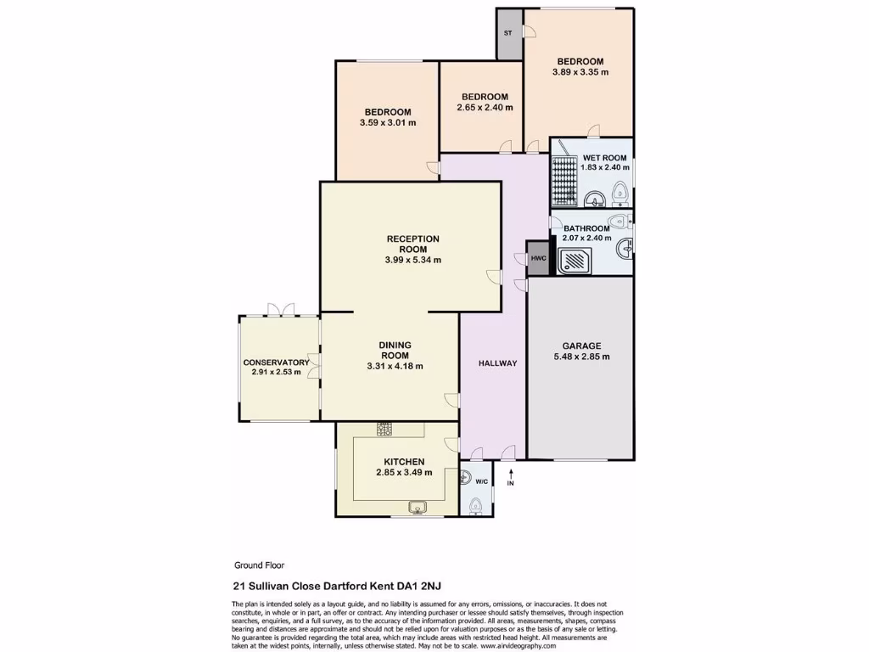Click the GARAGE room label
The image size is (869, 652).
click(x=580, y=346)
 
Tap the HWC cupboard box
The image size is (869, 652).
click(x=538, y=258)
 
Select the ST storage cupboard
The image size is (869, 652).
click(x=509, y=34)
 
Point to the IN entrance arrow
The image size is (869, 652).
click(x=511, y=478)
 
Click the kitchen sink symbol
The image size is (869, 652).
click(x=418, y=508)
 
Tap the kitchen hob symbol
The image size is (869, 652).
click(x=384, y=428)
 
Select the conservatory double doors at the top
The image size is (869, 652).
click(x=279, y=310)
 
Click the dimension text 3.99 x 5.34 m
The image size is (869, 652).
click(x=413, y=260)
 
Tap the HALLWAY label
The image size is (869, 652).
click(x=497, y=363)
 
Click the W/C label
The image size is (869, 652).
click(x=481, y=481)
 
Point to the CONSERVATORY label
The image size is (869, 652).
click(x=276, y=362)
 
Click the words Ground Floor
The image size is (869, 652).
click(x=259, y=565)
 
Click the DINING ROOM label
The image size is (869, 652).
click(x=395, y=350)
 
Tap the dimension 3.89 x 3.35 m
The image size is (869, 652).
click(x=580, y=72)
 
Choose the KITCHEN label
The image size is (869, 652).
click(x=404, y=461)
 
